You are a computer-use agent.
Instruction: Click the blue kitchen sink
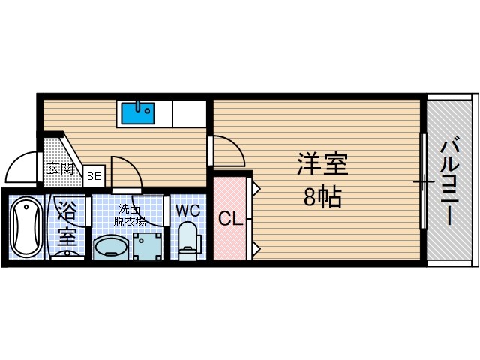click(x=136, y=114)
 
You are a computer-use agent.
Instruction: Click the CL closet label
click(x=229, y=219)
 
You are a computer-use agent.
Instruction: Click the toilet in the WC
click(x=187, y=238)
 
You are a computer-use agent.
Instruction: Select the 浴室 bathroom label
click(x=67, y=223)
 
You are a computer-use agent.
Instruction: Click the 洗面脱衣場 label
click(x=130, y=215)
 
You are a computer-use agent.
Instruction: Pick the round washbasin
click(x=112, y=247)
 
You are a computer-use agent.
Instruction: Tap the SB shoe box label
click(x=94, y=177)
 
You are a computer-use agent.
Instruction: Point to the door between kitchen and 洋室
click(x=227, y=152)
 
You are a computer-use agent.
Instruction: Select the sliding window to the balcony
click(x=424, y=181)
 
